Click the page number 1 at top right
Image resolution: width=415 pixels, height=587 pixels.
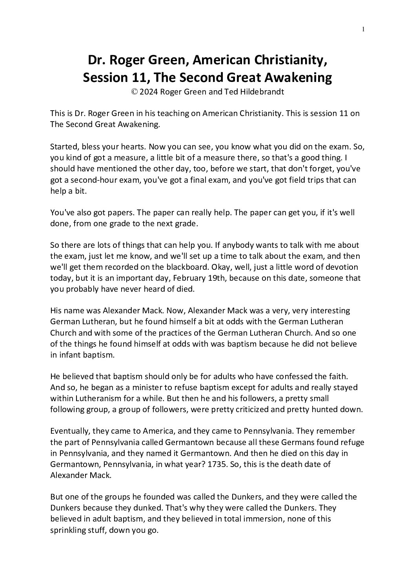[363, 29]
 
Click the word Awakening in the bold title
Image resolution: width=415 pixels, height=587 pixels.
[298, 78]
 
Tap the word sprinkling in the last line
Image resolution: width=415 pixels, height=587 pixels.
[69, 530]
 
